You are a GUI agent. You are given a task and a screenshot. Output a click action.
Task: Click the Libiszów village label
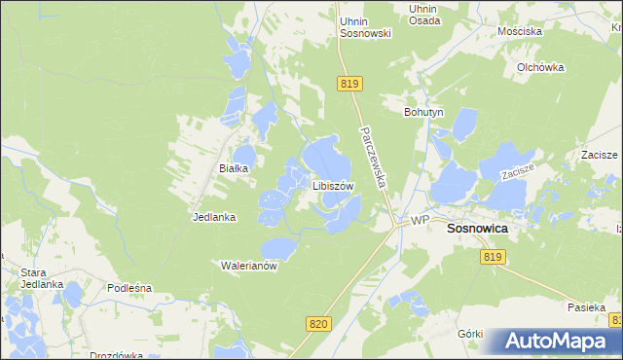[x=333, y=185]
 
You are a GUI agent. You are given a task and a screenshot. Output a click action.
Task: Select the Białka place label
[x=234, y=168]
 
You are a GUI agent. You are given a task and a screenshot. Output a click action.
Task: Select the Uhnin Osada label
[x=423, y=15]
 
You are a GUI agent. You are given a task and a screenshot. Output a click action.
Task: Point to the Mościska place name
[x=519, y=31]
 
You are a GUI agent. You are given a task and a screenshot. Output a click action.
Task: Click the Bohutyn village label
[x=423, y=112]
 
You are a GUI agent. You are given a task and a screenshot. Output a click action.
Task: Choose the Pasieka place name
[x=587, y=306]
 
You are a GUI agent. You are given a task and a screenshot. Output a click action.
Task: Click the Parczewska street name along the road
[x=373, y=154]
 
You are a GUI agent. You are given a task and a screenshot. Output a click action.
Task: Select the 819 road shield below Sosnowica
[x=493, y=256]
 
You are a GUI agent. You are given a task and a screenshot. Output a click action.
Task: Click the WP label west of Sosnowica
[x=420, y=221]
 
